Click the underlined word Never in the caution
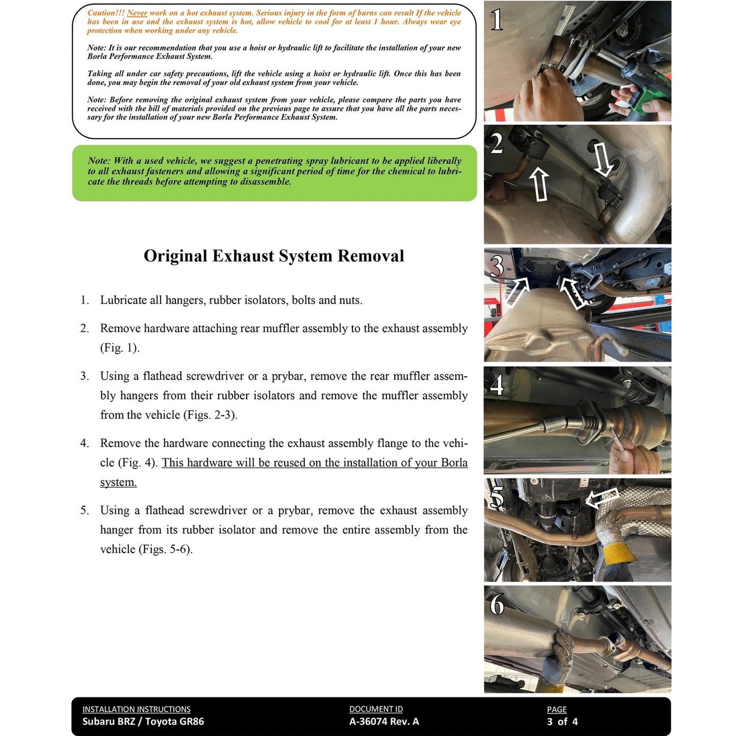point(137,13)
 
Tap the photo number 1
point(496,20)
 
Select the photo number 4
point(497,385)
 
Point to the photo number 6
point(497,605)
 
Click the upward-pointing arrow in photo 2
point(539,184)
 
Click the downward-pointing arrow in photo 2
point(604,159)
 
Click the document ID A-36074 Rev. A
point(384,721)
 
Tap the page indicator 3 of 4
point(562,721)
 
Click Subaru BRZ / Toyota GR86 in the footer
point(143,721)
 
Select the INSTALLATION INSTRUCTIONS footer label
point(137,709)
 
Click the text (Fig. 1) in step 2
point(120,348)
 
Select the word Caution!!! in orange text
point(106,13)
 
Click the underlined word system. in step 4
point(118,482)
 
